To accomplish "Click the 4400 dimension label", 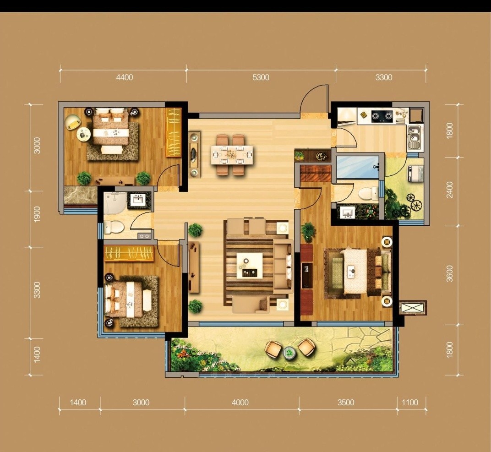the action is tap(125, 77).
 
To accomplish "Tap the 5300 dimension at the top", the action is tap(261, 77).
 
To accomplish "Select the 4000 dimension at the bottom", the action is tap(240, 403).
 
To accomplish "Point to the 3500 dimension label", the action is tap(346, 403).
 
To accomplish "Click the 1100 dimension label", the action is tap(409, 403).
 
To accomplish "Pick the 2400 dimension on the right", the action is tap(450, 190).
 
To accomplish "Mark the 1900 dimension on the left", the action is tap(37, 214).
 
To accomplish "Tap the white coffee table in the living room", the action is tap(250, 266).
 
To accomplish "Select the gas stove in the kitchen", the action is tap(382, 117).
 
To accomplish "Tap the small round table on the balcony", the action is tap(289, 353).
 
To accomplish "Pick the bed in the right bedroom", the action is tap(363, 271).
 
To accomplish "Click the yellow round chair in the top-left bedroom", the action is tap(73, 122).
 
